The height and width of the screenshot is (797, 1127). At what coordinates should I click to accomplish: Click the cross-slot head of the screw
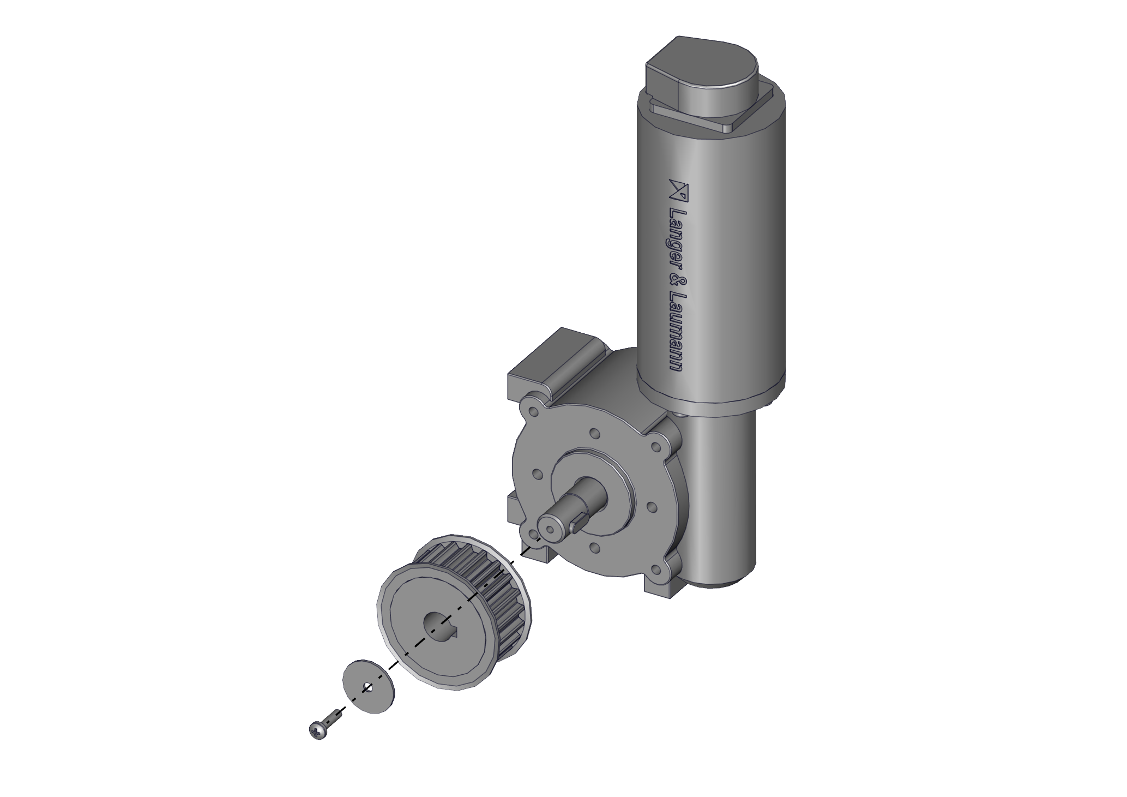pos(317,730)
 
